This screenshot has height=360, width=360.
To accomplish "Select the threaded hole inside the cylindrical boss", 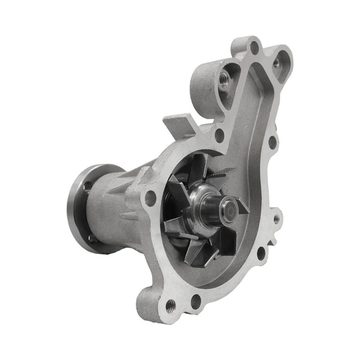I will pos(223,80).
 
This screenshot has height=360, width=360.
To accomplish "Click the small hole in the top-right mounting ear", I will pos(277,62).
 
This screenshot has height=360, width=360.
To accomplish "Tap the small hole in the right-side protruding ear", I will pos(277,220).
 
